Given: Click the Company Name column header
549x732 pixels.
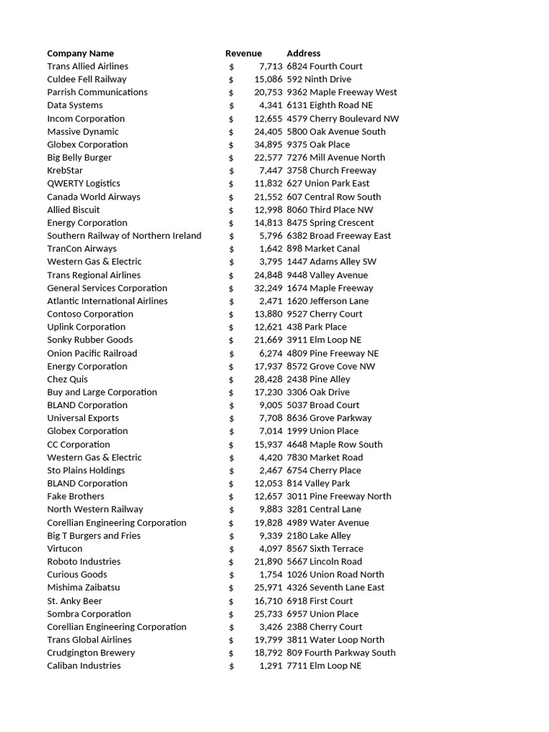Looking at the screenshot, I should coord(80,53).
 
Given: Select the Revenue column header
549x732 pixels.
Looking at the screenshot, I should coord(243,53).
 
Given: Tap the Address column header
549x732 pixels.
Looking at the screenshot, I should coord(303,53).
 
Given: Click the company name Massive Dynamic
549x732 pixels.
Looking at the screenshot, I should coord(83,132).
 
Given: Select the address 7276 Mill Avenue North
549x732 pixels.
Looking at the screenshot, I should coord(335,157).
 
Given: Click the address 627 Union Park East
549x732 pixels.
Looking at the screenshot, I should coord(327,183).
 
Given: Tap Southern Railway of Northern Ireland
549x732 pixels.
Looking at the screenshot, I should coord(124,235).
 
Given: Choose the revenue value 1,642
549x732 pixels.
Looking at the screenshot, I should coord(271,249).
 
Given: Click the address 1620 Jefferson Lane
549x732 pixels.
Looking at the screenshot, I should coord(327,301).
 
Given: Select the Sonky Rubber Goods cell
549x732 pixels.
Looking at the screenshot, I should coord(90,340).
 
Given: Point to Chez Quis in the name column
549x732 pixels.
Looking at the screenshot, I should coord(67,379).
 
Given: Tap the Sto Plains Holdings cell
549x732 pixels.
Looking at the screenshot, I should coord(86,470).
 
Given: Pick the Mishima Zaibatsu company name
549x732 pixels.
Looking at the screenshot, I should coord(84,588).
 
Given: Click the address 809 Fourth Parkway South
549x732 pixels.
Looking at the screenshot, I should coord(340,653).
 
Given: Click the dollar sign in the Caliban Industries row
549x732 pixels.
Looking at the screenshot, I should coord(231,666).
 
